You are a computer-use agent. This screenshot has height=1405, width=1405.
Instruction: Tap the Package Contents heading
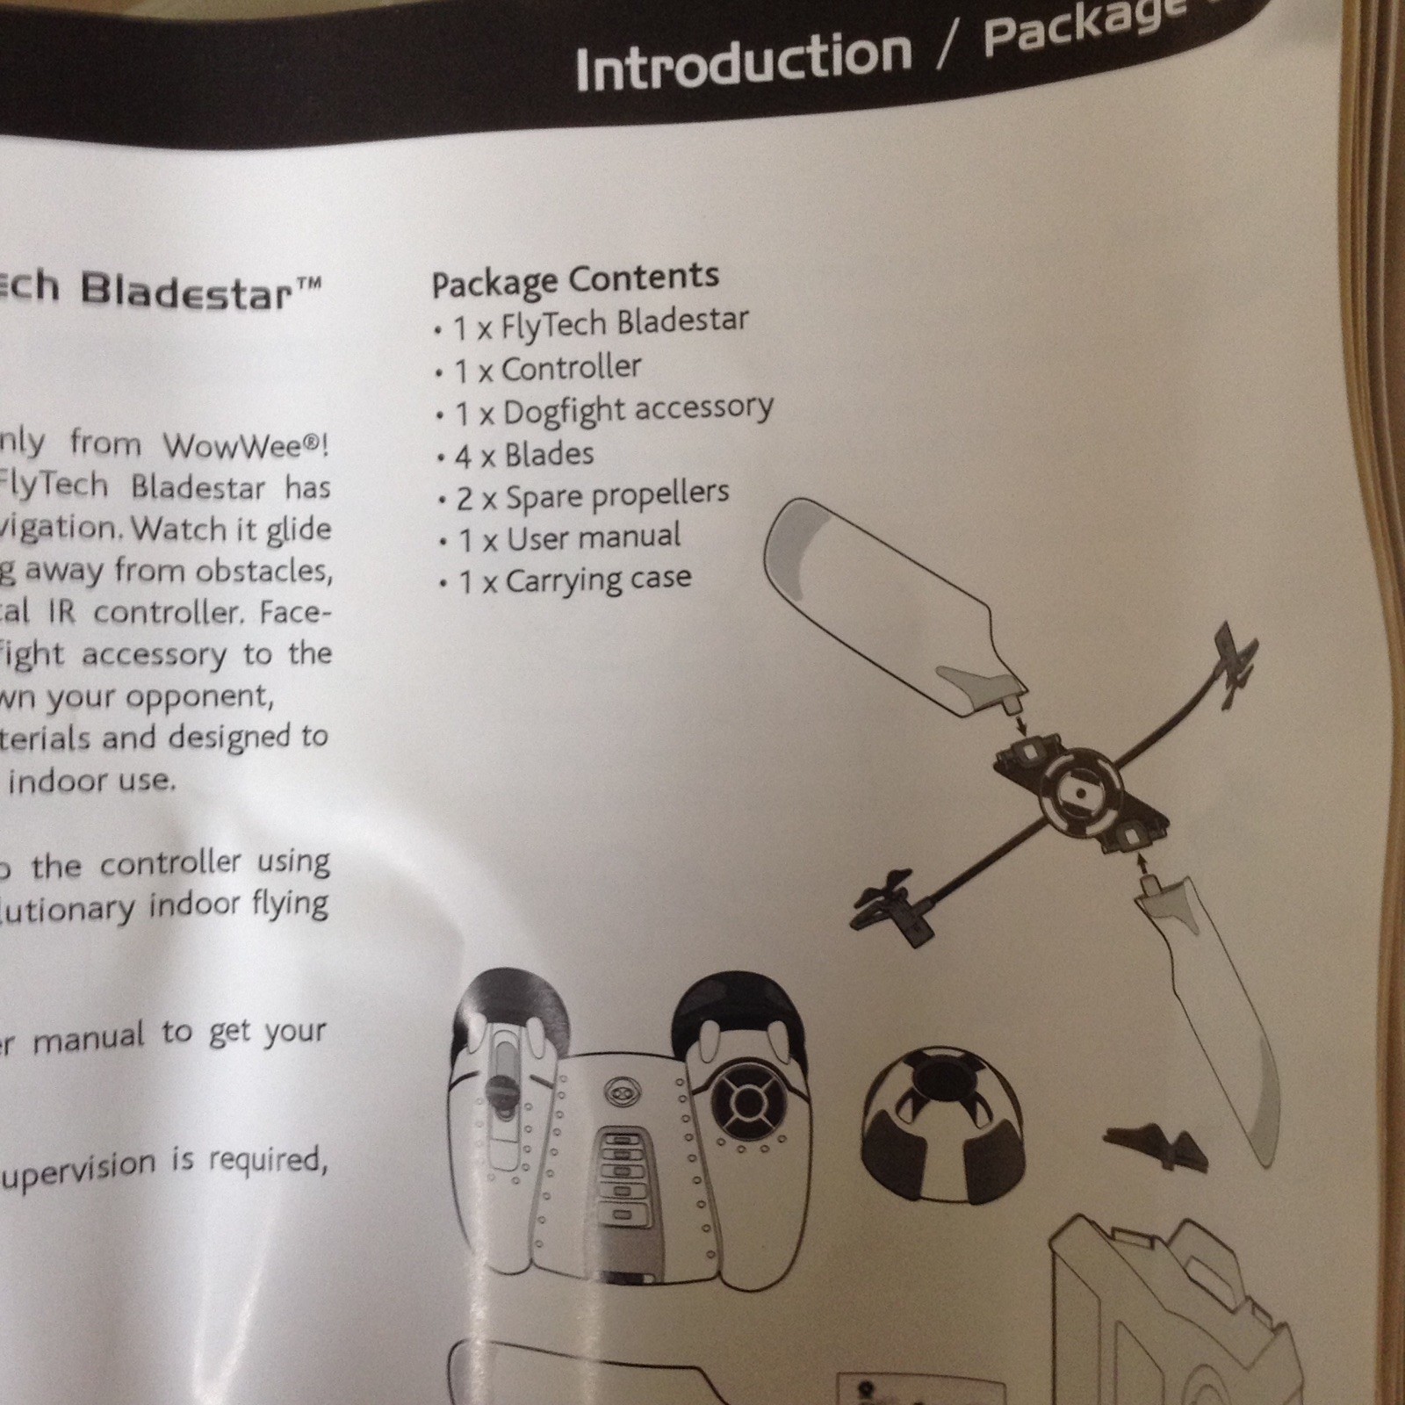point(575,280)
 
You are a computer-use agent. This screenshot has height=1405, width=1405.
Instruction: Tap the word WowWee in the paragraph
point(241,445)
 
